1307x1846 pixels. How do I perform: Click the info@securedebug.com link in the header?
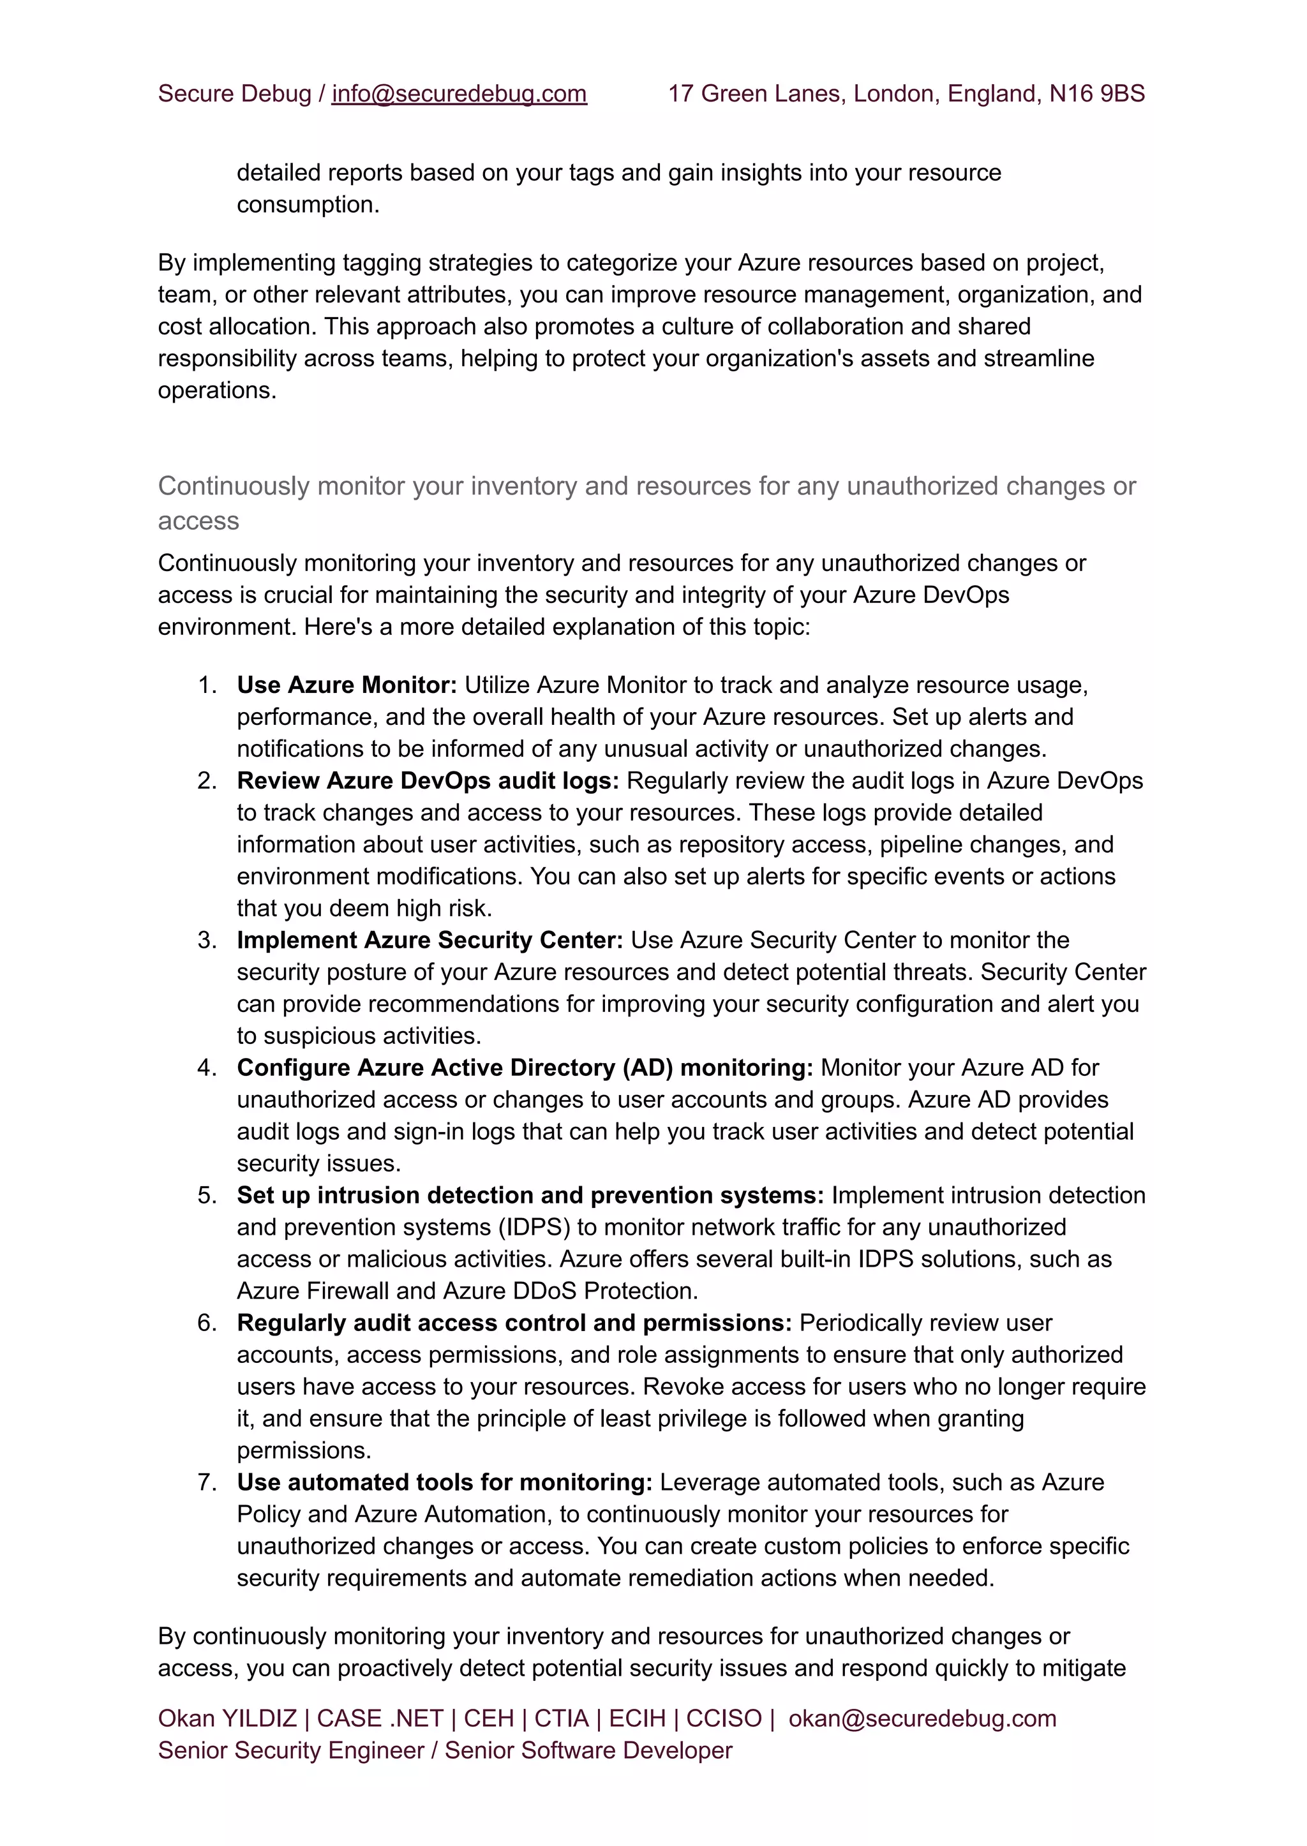(x=459, y=94)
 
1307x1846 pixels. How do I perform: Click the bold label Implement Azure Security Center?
(x=429, y=940)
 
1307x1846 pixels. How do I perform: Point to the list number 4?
(x=206, y=1068)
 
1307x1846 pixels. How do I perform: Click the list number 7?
(x=206, y=1482)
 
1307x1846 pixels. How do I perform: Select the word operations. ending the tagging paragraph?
(x=216, y=391)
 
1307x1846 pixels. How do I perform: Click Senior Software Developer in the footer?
(x=588, y=1750)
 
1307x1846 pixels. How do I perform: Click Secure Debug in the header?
(x=234, y=94)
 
